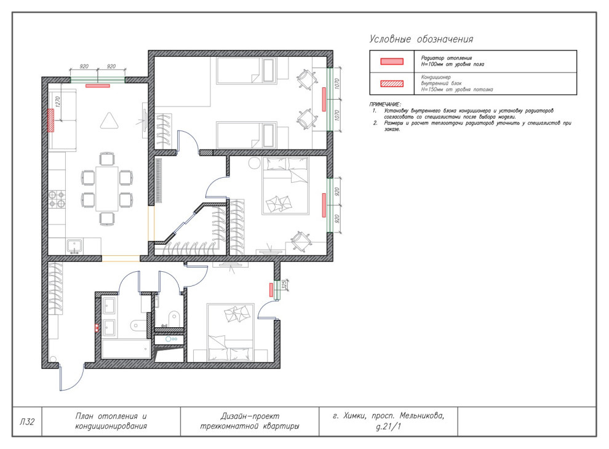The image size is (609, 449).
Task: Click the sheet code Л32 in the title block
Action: (27, 422)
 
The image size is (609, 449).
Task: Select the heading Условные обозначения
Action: (421, 39)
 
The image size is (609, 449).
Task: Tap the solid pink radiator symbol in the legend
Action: (391, 62)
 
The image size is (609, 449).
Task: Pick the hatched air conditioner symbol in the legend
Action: (391, 84)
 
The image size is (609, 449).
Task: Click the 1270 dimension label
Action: (58, 102)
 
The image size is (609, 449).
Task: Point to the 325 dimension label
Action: (284, 285)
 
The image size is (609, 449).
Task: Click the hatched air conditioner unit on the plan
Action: (50, 121)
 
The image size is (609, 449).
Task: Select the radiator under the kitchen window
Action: (97, 86)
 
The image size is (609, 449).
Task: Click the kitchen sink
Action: (74, 246)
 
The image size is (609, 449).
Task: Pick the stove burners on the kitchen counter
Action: (56, 199)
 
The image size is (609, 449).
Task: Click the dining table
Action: (107, 188)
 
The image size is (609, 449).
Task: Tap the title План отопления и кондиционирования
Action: (111, 421)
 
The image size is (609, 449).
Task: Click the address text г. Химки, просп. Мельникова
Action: (388, 416)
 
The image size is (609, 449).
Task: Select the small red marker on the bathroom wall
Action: (97, 328)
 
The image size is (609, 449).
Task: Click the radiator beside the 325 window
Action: (271, 290)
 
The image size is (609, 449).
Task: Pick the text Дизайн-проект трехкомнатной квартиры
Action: (250, 421)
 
